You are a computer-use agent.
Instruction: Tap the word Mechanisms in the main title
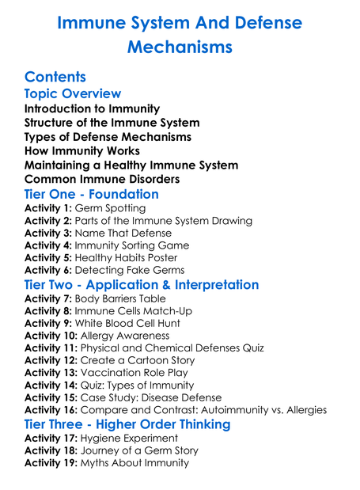click(180, 47)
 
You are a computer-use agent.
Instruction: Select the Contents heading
click(55, 77)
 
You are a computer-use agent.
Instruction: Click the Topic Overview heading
click(73, 94)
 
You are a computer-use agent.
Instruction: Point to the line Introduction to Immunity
click(92, 108)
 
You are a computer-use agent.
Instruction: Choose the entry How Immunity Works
click(82, 150)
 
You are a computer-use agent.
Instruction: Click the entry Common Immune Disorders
click(101, 179)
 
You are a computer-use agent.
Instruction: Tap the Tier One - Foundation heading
click(92, 194)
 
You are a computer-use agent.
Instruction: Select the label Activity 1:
click(48, 207)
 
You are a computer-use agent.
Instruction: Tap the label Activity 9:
click(48, 323)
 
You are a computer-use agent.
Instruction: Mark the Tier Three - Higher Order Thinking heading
click(127, 424)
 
